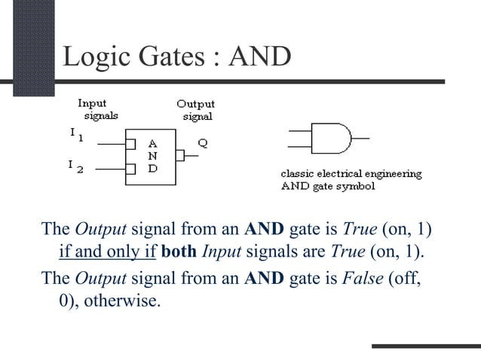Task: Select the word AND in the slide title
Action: [262, 56]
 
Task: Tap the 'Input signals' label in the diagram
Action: [94, 109]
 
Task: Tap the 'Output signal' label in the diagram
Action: [195, 110]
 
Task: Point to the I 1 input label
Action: [75, 135]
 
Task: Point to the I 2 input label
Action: [75, 165]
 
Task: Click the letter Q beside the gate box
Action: [203, 142]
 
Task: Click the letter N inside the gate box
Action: [153, 155]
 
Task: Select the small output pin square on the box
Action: [179, 156]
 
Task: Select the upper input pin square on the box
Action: [130, 143]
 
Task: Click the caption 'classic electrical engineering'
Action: [351, 174]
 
